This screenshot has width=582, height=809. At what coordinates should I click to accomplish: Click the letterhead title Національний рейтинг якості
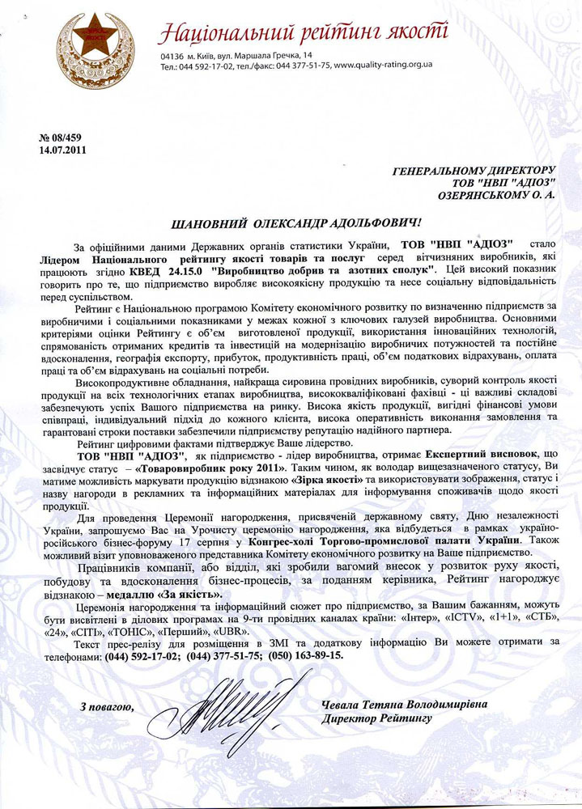click(303, 33)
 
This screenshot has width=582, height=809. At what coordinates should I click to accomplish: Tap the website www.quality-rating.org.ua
click(383, 64)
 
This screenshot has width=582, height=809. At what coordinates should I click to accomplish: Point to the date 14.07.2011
click(62, 149)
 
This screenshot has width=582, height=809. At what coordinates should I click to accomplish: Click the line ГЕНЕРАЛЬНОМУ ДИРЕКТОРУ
click(474, 172)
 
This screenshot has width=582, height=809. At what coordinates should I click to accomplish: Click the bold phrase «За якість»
click(189, 593)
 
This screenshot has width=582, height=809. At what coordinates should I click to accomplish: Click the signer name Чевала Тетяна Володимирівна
click(404, 705)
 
